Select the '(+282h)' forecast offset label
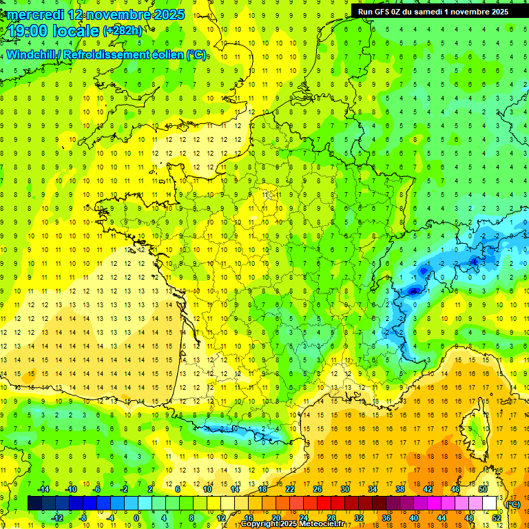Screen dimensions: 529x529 click(x=123, y=31)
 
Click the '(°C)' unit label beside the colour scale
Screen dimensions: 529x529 click(x=513, y=504)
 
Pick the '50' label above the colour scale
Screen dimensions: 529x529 click(x=482, y=489)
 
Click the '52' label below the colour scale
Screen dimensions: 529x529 click(x=496, y=518)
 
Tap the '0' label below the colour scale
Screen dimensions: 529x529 click(x=137, y=518)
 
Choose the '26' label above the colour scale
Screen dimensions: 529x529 click(x=317, y=489)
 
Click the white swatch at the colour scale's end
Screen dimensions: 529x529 click(x=490, y=504)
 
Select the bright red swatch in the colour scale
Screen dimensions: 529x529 click(x=324, y=504)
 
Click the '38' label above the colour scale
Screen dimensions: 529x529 click(x=400, y=489)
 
